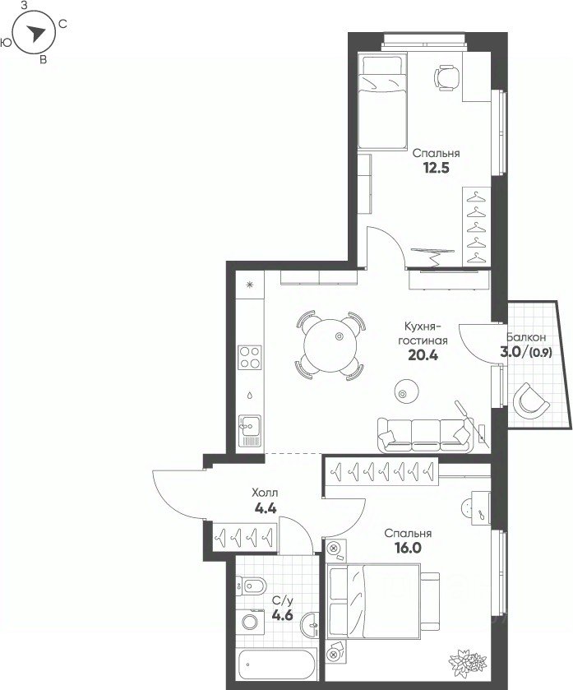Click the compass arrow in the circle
36,33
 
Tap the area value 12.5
437,168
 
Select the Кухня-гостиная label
423,334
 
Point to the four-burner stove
250,357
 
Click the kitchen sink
250,431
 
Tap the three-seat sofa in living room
425,435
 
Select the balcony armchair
530,401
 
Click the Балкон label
526,337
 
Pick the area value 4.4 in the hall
266,508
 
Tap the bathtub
275,665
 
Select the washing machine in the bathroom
250,623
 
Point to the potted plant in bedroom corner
468,661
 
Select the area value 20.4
423,354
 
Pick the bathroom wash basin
311,624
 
